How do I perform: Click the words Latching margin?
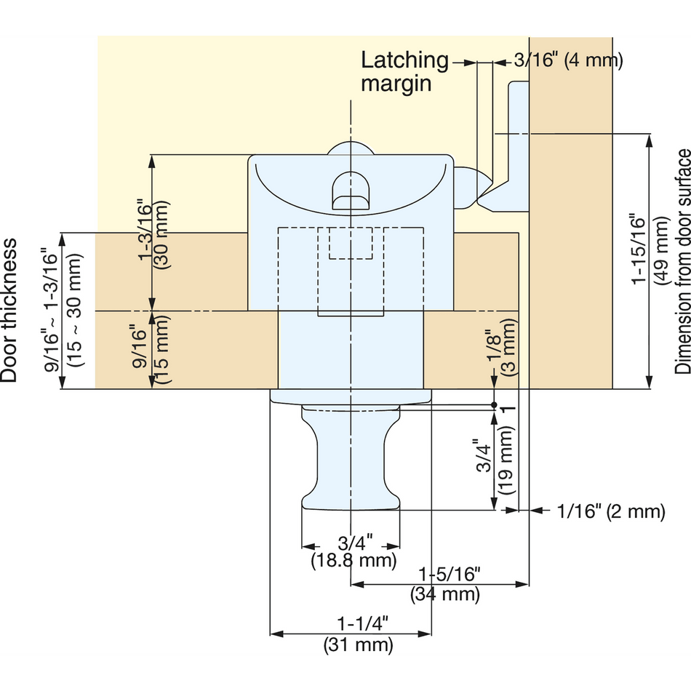pos(404,71)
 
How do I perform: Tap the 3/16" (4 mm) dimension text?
pos(569,60)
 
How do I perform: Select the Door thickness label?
pos(9,311)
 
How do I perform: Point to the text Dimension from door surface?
pos(682,262)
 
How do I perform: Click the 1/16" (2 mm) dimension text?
pos(611,511)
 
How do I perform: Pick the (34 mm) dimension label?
pos(444,594)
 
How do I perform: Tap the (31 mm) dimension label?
pos(358,644)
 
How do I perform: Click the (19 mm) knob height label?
pos(506,460)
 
